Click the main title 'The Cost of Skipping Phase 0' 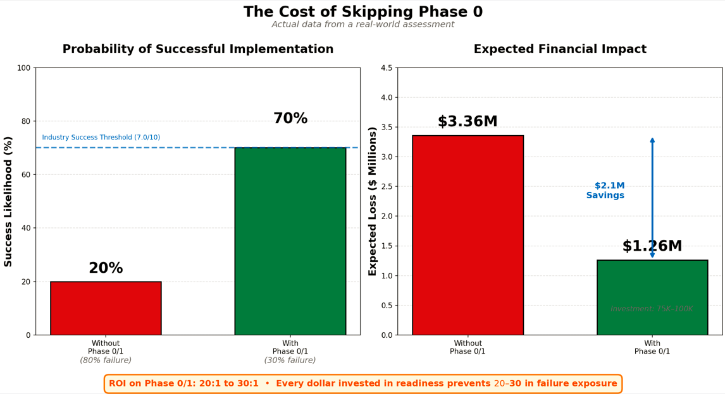(362, 12)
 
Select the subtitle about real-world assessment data (362, 25)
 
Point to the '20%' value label (106, 268)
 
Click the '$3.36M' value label (468, 122)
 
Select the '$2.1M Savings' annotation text (605, 191)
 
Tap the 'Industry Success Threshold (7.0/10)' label (101, 138)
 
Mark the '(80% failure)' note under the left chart (106, 361)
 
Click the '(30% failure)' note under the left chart (290, 361)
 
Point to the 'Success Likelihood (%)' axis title (8, 201)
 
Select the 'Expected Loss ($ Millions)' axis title (373, 201)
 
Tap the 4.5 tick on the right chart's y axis (385, 68)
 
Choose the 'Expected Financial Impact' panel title (560, 49)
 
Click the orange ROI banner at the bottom (362, 383)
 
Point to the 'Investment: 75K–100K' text (652, 309)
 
